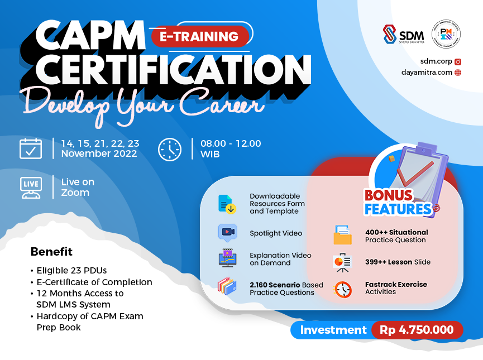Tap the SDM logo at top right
click(403, 35)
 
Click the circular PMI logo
click(446, 35)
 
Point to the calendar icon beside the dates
click(31, 149)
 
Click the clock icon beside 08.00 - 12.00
click(170, 149)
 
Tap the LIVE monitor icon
click(31, 188)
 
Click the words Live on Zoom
click(78, 187)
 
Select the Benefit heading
click(51, 252)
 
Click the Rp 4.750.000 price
click(417, 330)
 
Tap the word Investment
click(333, 330)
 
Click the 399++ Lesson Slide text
click(398, 262)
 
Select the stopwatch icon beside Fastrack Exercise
click(342, 289)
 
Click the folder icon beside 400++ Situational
click(342, 235)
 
